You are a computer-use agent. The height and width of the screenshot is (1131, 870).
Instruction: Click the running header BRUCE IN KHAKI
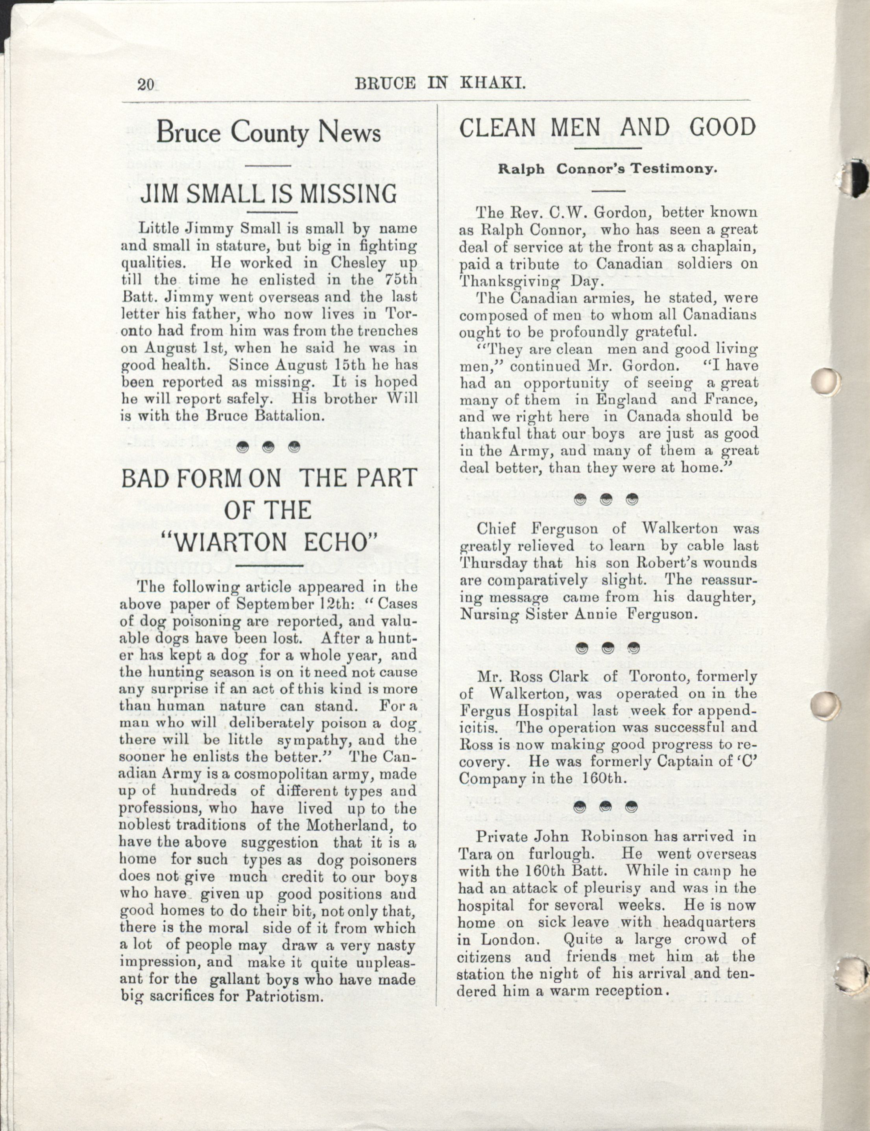tap(440, 83)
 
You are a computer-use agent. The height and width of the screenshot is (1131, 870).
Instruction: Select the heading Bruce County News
tap(268, 133)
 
